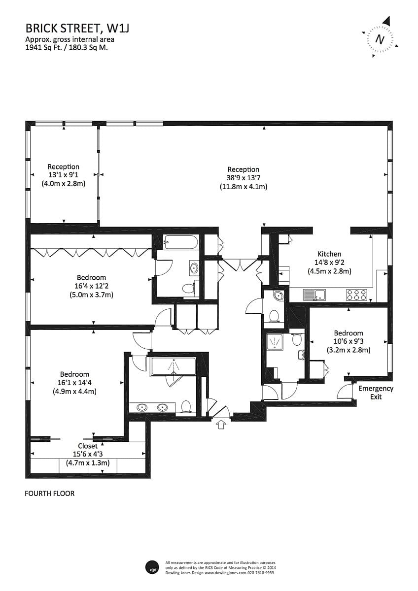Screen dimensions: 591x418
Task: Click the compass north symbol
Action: click(379, 38)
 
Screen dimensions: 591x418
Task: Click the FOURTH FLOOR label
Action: click(49, 493)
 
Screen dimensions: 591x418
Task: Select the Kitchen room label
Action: click(329, 254)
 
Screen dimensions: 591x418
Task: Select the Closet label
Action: click(88, 446)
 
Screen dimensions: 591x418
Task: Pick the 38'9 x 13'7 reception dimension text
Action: click(243, 178)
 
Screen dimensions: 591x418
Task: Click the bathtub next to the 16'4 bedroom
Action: click(181, 242)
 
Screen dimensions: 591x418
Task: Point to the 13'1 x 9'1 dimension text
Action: click(63, 175)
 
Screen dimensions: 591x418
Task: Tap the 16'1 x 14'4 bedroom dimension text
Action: click(74, 383)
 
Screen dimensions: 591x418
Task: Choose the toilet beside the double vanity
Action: click(186, 406)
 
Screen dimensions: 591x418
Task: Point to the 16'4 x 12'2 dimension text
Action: click(91, 286)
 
